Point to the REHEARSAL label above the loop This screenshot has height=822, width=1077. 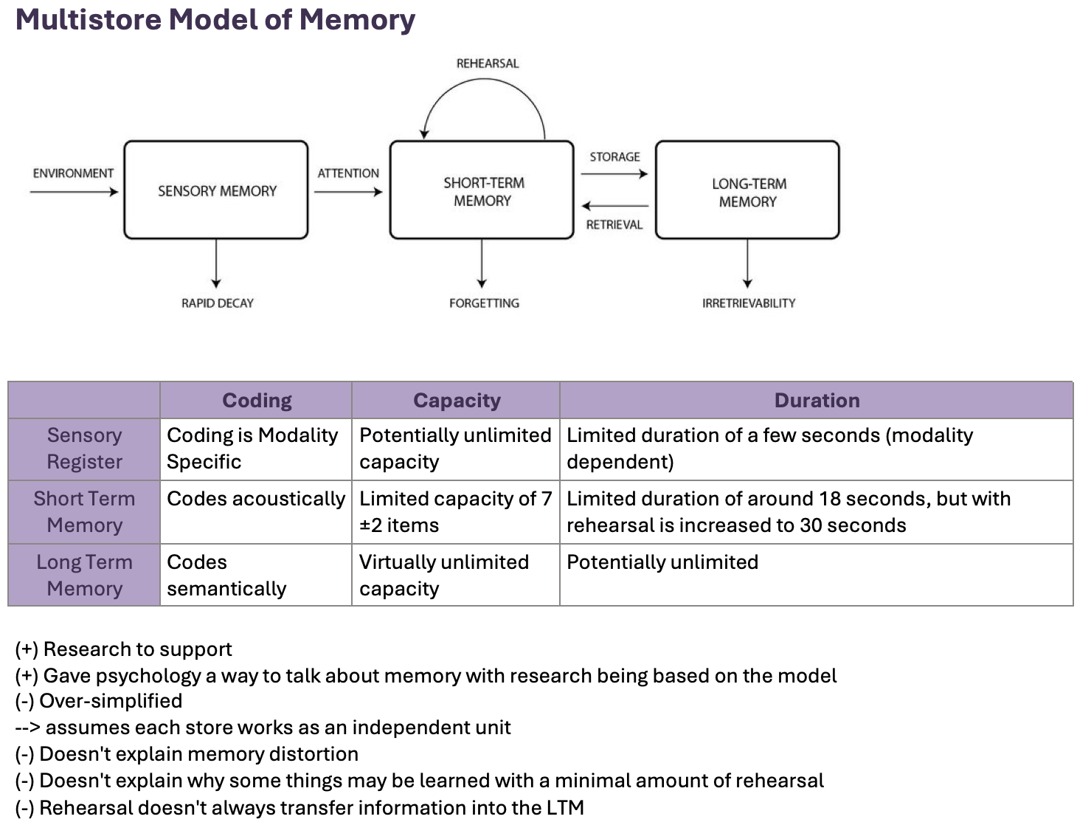[x=487, y=63]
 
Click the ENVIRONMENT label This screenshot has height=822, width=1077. [x=73, y=173]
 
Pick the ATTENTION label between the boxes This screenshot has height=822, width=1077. [x=348, y=173]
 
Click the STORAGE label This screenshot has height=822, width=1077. [x=614, y=157]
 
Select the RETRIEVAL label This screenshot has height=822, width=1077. [x=614, y=225]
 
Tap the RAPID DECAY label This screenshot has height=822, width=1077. [x=218, y=303]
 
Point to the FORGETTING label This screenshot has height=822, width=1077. [x=485, y=303]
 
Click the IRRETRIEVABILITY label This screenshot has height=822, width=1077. [x=749, y=303]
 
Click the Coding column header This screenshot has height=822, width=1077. [x=257, y=401]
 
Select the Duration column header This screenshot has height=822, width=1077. [x=817, y=401]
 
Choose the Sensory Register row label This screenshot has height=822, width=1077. [x=84, y=449]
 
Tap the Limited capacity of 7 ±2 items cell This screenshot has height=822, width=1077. [x=456, y=512]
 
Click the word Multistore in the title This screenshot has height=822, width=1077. [x=89, y=20]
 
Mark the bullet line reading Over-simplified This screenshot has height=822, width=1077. [x=99, y=701]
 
